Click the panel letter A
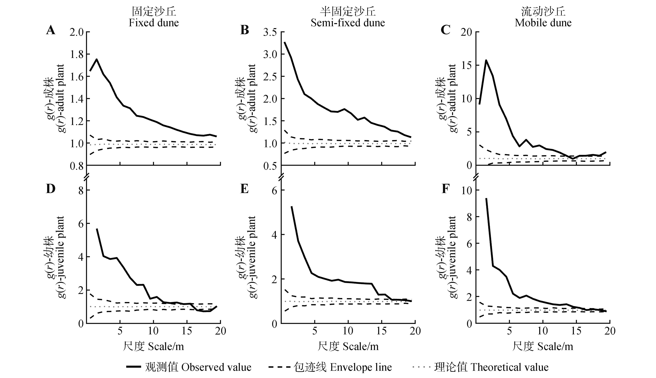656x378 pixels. tap(50, 30)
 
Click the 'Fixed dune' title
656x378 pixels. tap(154, 23)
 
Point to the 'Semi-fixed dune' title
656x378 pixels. tap(348, 23)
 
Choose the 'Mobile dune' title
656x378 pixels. tap(543, 23)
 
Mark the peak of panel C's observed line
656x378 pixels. tap(486, 60)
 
